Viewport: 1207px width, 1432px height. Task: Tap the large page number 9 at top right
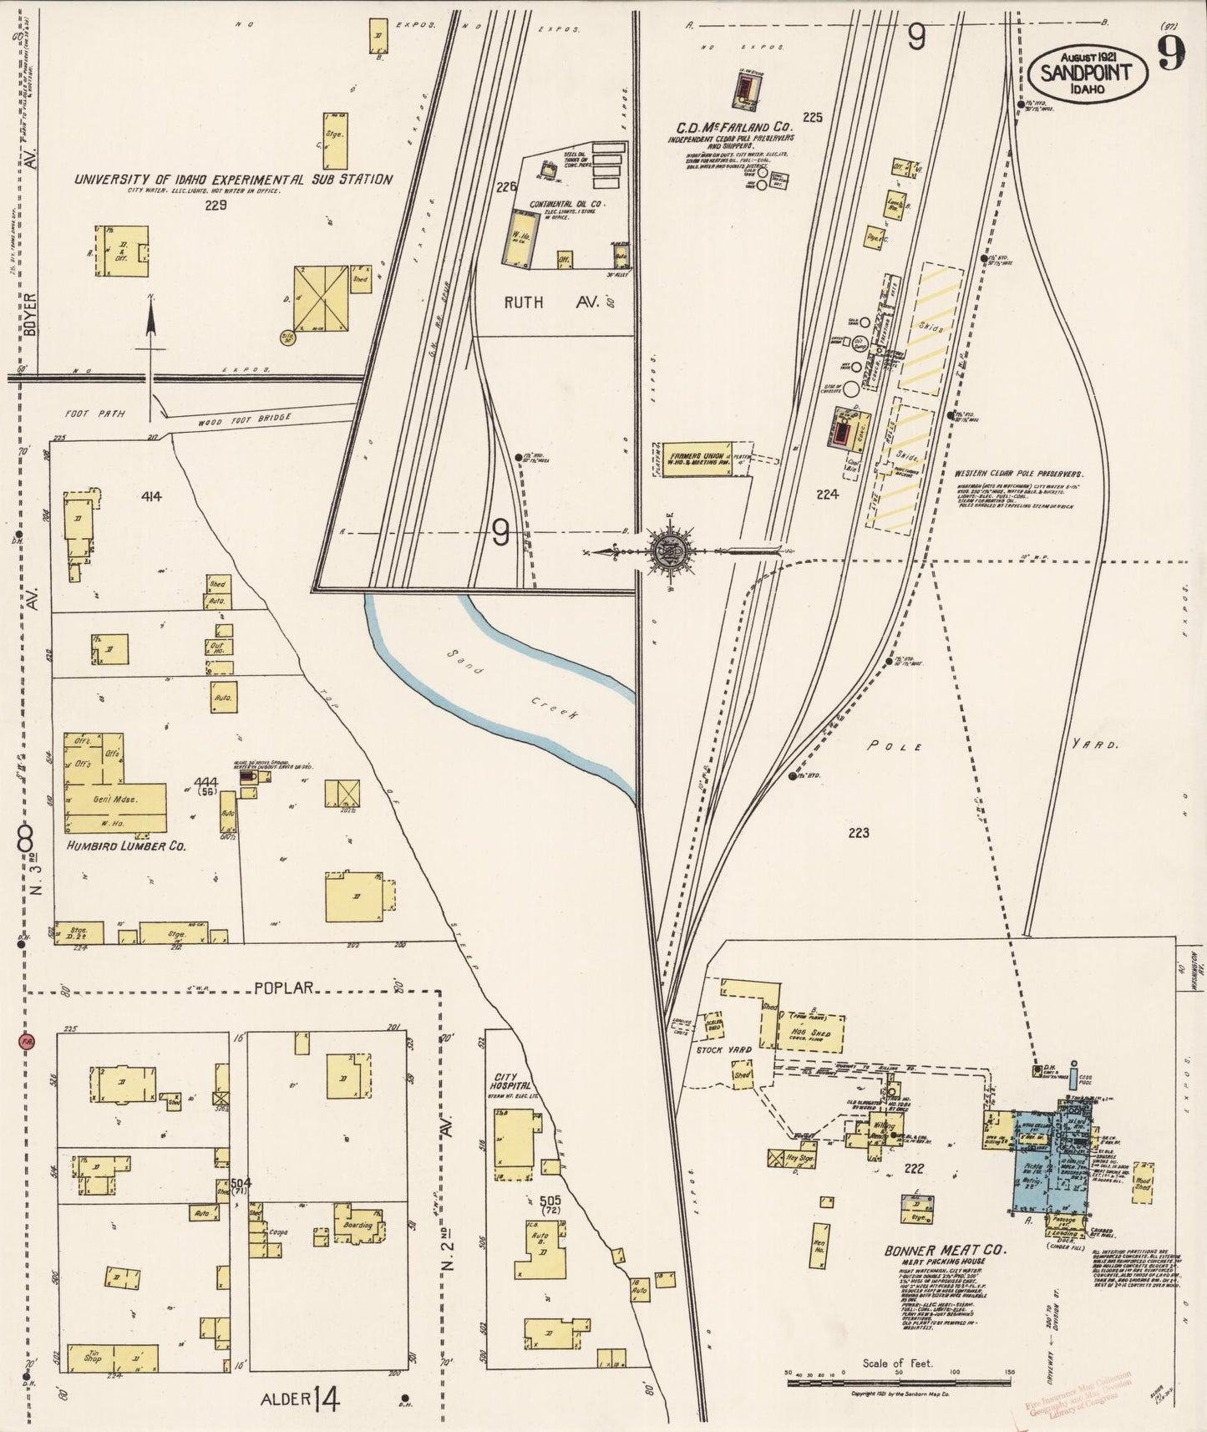(x=1171, y=55)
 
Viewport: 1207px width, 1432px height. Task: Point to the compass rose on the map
(x=673, y=551)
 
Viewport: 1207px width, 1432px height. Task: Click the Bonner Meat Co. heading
(x=946, y=1250)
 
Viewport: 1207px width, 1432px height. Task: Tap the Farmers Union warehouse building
(x=696, y=459)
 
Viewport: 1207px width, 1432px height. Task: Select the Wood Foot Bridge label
(x=245, y=420)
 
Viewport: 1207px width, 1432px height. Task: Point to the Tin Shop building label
(x=93, y=1357)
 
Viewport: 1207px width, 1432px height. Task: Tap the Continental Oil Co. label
(x=567, y=204)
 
